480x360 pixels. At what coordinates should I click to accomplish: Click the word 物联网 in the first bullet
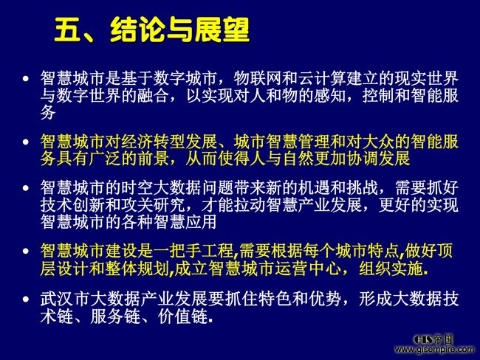tap(258, 78)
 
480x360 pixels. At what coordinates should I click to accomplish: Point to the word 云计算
tap(323, 78)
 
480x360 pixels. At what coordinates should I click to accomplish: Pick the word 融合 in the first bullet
tap(154, 95)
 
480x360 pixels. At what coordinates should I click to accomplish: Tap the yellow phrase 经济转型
tap(153, 142)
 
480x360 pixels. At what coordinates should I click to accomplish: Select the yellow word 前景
tap(154, 159)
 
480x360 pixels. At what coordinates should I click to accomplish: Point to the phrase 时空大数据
tap(161, 187)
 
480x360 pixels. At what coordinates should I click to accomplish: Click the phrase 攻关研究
tap(153, 204)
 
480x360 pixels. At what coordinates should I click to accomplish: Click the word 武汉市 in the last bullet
tap(64, 299)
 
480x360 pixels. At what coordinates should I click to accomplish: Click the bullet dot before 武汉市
tap(27, 299)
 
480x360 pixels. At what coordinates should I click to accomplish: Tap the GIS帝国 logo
tap(433, 339)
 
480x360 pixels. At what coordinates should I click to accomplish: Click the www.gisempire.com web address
tap(435, 349)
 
